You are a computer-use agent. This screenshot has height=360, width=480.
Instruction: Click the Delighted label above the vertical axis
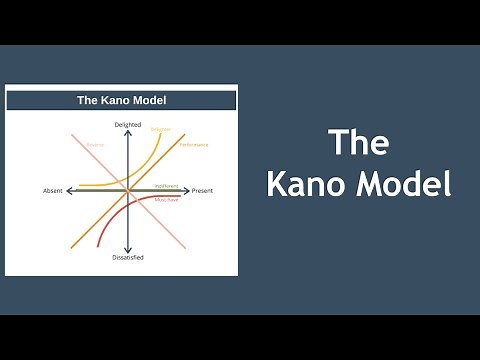pos(128,124)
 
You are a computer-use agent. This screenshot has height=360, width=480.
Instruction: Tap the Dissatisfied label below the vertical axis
pos(128,257)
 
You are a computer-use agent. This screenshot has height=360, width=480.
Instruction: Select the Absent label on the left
pos(53,190)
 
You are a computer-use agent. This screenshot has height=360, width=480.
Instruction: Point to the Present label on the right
pos(203,190)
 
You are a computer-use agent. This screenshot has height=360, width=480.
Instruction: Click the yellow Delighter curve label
pos(160,129)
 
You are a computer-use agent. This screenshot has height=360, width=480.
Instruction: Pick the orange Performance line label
pos(194,145)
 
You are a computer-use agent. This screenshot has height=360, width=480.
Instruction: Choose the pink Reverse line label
pos(95,143)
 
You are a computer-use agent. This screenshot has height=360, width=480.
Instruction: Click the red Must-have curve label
pos(166,200)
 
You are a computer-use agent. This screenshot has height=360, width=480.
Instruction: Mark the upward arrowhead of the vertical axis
pos(128,132)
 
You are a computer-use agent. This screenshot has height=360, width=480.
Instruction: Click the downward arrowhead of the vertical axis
pos(128,249)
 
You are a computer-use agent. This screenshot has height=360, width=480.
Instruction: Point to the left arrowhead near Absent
pos(68,190)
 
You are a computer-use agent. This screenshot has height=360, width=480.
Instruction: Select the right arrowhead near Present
pos(188,190)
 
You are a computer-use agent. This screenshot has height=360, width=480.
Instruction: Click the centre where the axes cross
pos(128,190)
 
